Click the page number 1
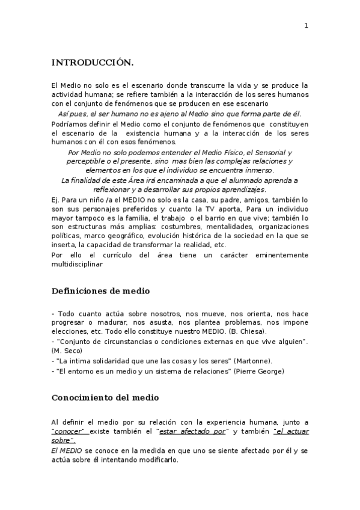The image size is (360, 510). point(306,25)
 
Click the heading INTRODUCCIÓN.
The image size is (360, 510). point(92,63)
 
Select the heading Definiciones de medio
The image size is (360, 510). point(100,291)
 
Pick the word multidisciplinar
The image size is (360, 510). point(77,263)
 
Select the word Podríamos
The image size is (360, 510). point(70,123)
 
